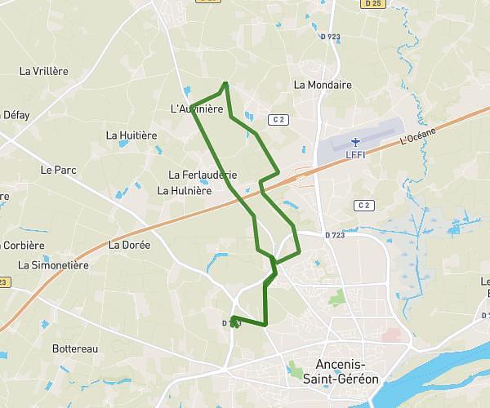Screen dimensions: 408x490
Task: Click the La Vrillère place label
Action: [43, 71]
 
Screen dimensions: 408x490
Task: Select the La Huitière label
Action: [131, 135]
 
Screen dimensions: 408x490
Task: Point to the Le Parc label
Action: [57, 171]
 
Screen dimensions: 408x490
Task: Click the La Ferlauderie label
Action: [203, 175]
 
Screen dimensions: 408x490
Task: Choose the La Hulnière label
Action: [184, 190]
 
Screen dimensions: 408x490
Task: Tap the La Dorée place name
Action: [130, 244]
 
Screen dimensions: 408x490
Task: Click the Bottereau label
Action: [74, 348]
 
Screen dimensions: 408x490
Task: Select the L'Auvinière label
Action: [196, 109]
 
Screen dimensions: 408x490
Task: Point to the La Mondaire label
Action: [322, 84]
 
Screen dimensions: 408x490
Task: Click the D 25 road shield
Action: [373, 5]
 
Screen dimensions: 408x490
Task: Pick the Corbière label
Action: [24, 245]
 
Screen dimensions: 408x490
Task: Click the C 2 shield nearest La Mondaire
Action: [279, 119]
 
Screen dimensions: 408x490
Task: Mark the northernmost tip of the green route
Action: [225, 82]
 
